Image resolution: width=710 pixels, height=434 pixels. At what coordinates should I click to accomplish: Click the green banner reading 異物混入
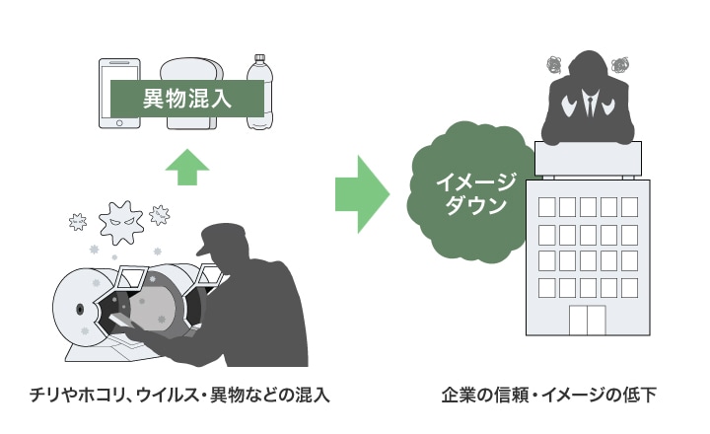[x=187, y=97]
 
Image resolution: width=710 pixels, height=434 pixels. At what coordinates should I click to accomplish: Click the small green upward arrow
[x=187, y=167]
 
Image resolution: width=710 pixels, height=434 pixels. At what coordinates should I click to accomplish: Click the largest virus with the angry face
[x=123, y=221]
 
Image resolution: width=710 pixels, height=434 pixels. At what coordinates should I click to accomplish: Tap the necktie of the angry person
[x=590, y=107]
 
